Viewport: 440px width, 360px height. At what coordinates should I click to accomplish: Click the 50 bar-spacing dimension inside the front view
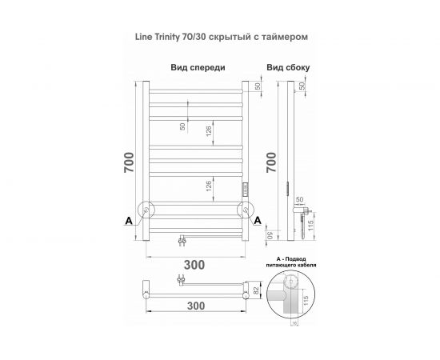click(182, 126)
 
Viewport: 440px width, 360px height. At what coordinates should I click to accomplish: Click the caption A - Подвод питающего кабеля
click(290, 263)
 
